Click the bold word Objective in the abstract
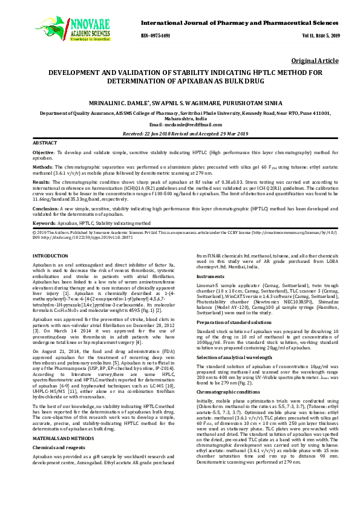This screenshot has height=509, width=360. (44, 154)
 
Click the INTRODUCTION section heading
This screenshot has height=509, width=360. (50, 256)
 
